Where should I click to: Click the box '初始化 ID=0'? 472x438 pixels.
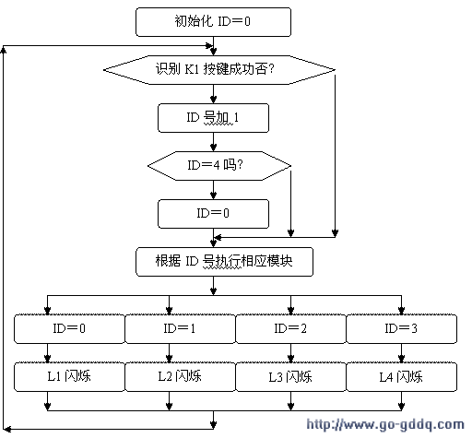pos(213,22)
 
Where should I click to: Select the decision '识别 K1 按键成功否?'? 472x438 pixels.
pos(219,70)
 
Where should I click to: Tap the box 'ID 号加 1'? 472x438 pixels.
pos(213,118)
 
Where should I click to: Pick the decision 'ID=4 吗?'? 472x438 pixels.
pos(219,166)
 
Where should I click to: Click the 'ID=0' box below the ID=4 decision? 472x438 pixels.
pos(213,214)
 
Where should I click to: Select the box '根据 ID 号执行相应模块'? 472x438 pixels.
pos(224,262)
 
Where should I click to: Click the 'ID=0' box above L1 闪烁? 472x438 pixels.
pos(69,328)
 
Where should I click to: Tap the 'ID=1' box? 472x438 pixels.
pos(180,328)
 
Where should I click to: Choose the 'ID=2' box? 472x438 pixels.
pos(290,328)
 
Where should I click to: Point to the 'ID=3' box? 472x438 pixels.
pos(401,328)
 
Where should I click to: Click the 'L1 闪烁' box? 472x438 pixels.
pos(69,377)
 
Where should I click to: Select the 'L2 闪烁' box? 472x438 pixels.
pos(180,377)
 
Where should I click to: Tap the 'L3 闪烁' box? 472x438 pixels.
pos(290,377)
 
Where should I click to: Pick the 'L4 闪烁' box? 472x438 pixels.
pos(401,377)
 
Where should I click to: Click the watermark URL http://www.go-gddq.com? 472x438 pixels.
pos(385,425)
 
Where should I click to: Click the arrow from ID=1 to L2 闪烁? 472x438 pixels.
pos(169,353)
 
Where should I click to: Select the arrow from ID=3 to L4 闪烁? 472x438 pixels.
pos(401,353)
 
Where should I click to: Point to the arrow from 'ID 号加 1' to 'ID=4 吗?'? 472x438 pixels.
pos(213,142)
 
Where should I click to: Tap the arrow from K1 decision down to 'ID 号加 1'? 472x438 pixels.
pos(213,94)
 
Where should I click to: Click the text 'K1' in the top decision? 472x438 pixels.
pos(192,69)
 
